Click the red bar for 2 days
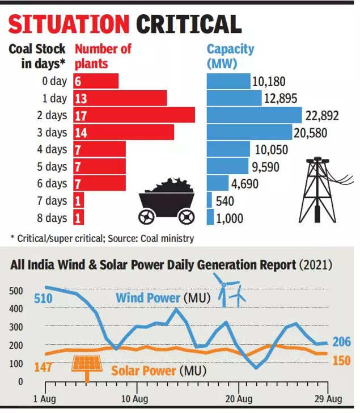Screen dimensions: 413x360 tap(134, 115)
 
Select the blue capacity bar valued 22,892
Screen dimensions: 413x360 tap(254, 115)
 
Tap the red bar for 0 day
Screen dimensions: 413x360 tap(95, 81)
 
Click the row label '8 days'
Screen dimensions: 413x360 tap(52, 218)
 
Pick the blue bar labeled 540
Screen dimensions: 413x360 tap(209, 200)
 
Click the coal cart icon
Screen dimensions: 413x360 tap(167, 201)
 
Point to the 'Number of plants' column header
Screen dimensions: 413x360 tap(103, 56)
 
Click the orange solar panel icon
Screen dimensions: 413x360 tap(86, 365)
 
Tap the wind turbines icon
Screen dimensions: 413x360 tap(230, 289)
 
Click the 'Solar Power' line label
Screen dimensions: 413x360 tap(143, 370)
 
